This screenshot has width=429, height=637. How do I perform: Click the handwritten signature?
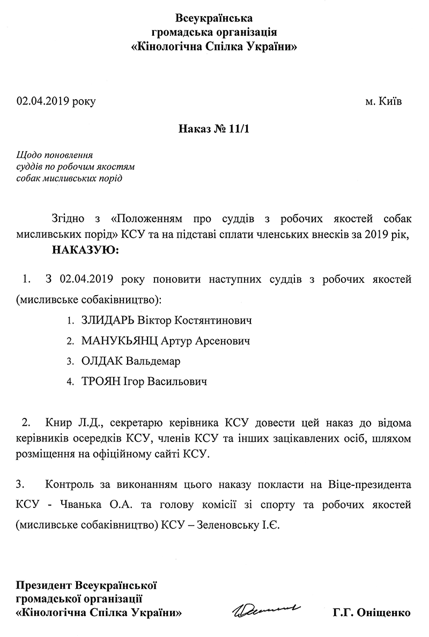tap(267, 609)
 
